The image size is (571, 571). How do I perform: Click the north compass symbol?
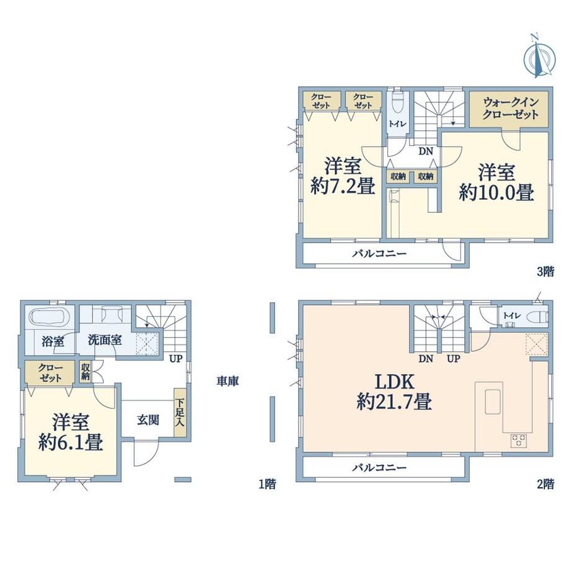coord(539,57)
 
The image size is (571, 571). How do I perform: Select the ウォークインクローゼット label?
coord(510,109)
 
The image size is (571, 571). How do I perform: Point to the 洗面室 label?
coord(105,341)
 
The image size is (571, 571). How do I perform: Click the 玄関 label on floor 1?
coord(148,420)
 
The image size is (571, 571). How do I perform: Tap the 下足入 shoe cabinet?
coord(180,412)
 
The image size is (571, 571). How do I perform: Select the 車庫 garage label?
coord(228,381)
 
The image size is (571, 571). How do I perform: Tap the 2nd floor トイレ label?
coord(512,315)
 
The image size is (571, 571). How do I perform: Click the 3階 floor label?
coord(546,271)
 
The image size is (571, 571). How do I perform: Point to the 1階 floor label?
coord(268,483)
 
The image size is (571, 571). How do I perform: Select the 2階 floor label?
coord(546,483)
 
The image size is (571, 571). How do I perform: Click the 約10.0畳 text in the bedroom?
coord(497,192)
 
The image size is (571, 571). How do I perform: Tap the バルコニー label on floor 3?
coord(379,253)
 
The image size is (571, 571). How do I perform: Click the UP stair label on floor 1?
coord(176,359)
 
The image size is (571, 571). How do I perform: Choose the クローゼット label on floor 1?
coord(51,373)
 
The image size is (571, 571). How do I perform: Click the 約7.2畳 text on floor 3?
coord(343,187)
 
